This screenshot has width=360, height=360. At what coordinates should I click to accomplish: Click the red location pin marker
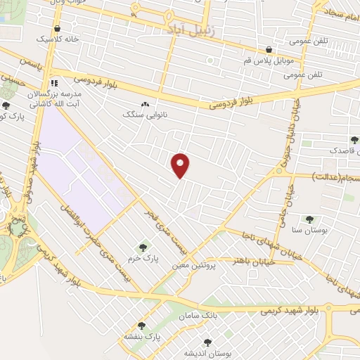181,165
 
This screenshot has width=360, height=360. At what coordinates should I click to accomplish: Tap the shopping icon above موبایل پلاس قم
270,49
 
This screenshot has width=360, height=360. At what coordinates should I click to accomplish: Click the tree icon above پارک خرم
143,247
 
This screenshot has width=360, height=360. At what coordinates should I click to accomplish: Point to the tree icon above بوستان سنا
309,219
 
